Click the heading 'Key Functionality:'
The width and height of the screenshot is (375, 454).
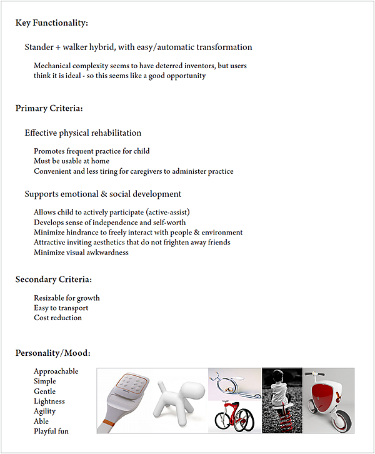tap(52, 23)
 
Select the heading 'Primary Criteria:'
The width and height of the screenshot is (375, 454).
tap(49, 108)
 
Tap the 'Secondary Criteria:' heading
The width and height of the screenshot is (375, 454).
tap(54, 279)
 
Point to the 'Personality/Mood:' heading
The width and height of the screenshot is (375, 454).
tap(53, 353)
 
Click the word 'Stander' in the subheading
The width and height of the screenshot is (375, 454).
tap(39, 47)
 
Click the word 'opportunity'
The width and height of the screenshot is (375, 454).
tap(184, 76)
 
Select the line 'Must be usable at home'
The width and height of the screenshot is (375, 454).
tap(72, 161)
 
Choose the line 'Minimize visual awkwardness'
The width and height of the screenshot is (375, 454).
tap(81, 253)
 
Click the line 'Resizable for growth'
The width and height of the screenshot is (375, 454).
tap(67, 298)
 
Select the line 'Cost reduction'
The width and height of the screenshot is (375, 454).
tap(57, 318)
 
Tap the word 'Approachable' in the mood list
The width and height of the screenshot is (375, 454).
tap(56, 371)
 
